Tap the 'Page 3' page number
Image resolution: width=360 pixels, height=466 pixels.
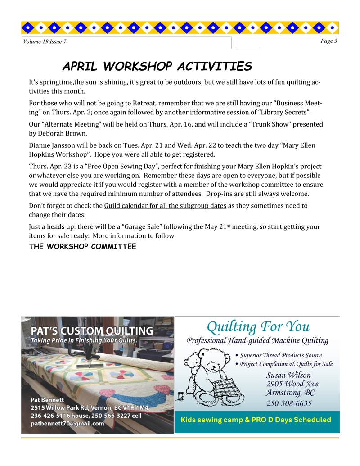click(x=329, y=41)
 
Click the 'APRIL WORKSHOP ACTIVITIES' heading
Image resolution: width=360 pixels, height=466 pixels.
click(x=157, y=67)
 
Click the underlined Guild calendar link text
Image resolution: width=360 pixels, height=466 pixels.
click(x=165, y=206)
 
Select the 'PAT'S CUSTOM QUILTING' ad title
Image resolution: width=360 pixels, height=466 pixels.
click(x=92, y=331)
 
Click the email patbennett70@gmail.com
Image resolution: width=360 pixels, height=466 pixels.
click(x=67, y=424)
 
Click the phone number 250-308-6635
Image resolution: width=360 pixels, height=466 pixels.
click(x=289, y=403)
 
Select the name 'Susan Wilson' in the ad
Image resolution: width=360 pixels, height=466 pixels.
click(x=288, y=375)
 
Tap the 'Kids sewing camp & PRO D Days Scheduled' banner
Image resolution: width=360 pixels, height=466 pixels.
click(x=256, y=420)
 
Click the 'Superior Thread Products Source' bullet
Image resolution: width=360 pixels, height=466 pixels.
click(x=280, y=355)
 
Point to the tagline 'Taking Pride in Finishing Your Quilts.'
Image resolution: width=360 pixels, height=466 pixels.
click(x=84, y=340)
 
